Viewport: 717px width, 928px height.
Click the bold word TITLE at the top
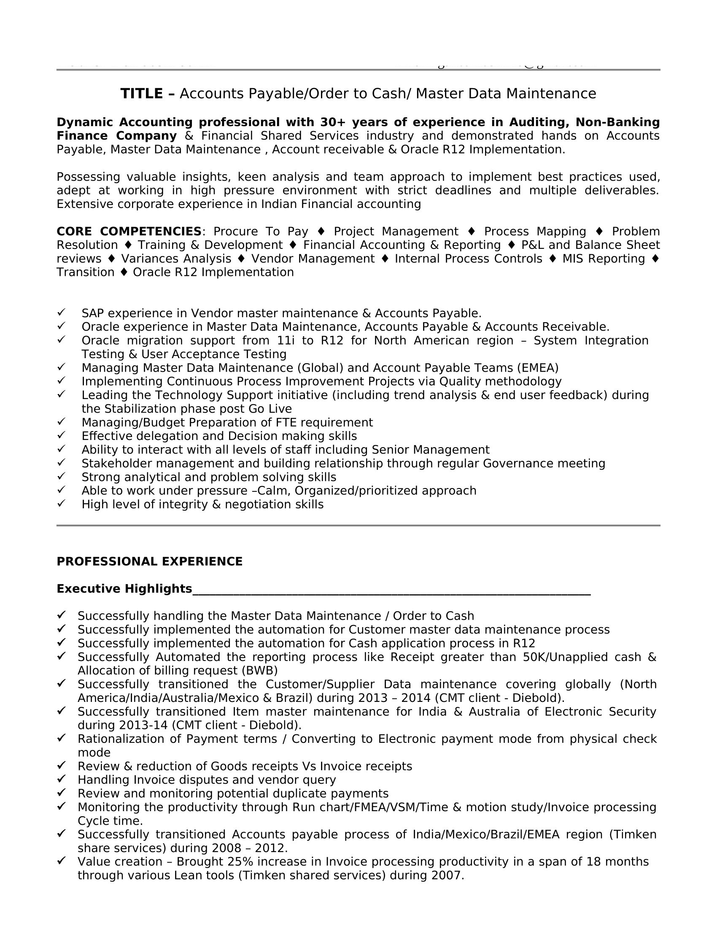pyautogui.click(x=142, y=94)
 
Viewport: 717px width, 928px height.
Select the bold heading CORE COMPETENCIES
pyautogui.click(x=129, y=232)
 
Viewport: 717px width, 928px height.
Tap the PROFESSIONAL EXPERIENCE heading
pyautogui.click(x=150, y=562)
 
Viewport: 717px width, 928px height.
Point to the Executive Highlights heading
pyautogui.click(x=124, y=589)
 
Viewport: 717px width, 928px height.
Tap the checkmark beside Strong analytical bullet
pyautogui.click(x=61, y=476)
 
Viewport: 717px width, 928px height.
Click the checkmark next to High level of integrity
pyautogui.click(x=61, y=504)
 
